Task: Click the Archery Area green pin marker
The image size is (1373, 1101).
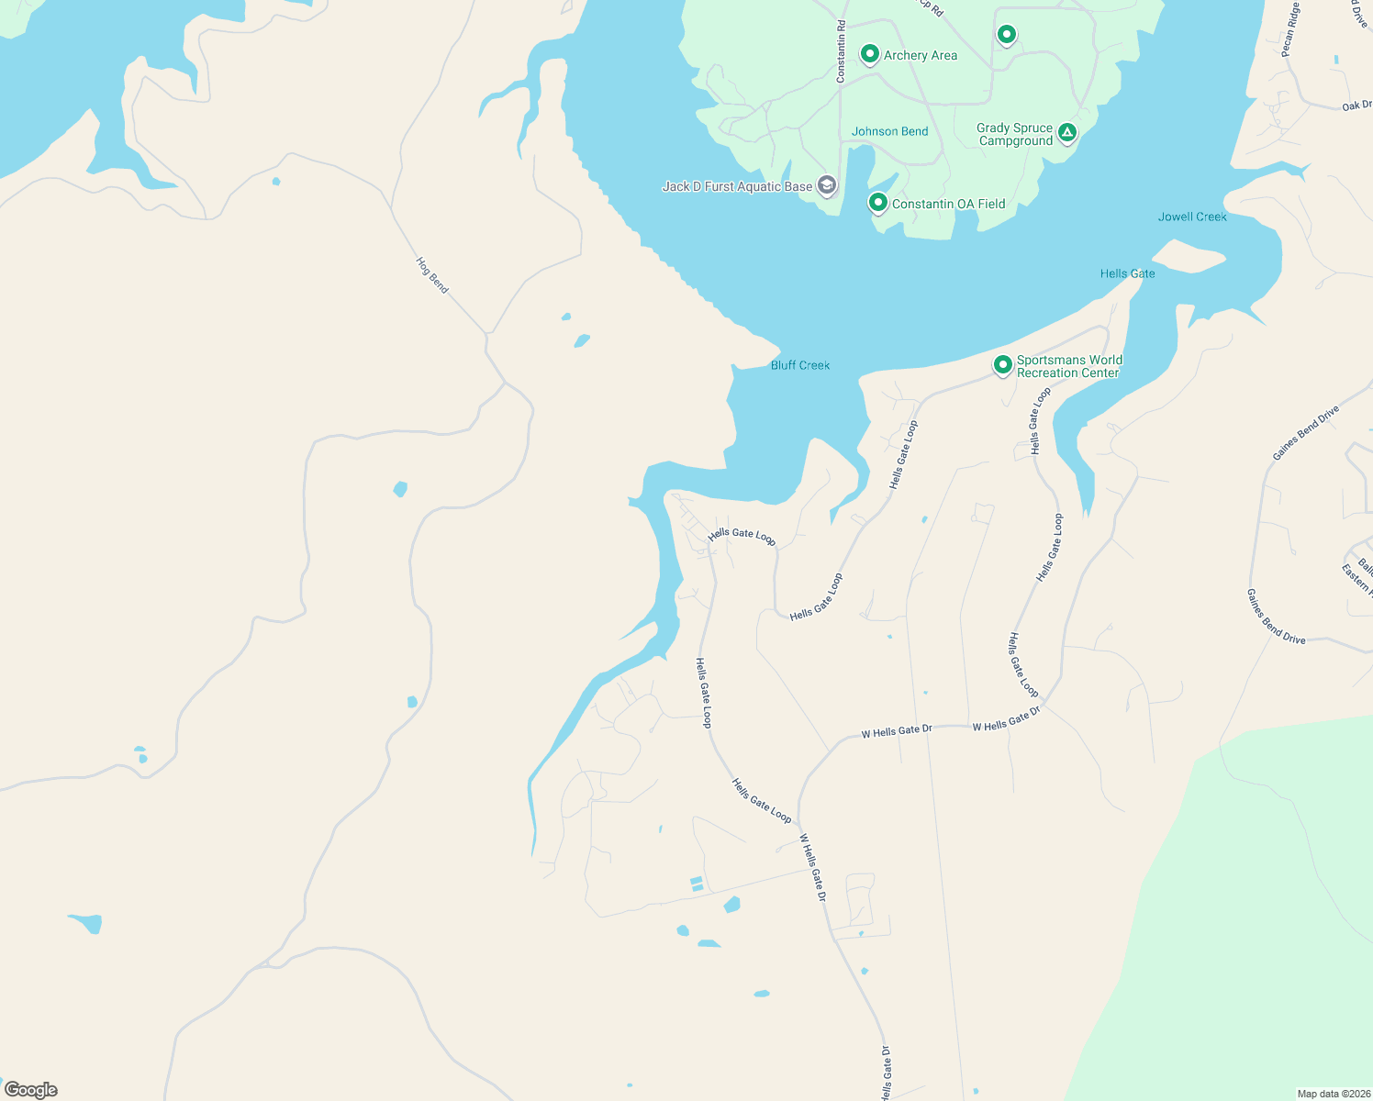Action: (x=869, y=54)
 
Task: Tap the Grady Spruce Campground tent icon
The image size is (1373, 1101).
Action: (x=1066, y=133)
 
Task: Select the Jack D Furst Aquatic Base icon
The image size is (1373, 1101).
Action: (x=826, y=186)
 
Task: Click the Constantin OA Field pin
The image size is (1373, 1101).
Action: (x=877, y=202)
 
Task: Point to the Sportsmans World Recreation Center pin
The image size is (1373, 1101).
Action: (x=1003, y=365)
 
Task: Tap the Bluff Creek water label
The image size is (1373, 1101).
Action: (x=800, y=365)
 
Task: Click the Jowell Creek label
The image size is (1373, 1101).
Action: (x=1192, y=217)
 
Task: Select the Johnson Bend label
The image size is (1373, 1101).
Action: (x=889, y=131)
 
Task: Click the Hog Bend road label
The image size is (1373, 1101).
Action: (x=432, y=275)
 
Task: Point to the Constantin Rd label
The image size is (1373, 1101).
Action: (x=841, y=52)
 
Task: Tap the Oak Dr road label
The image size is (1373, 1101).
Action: (x=1356, y=106)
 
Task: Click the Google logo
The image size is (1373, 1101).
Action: (x=31, y=1090)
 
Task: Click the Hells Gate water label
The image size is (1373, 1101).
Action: (x=1127, y=273)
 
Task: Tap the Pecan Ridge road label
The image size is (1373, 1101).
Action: (x=1291, y=29)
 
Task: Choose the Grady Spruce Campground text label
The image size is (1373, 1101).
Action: (x=1014, y=135)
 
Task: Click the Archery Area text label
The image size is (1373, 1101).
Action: (x=920, y=55)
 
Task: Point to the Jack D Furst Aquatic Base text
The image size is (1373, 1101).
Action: (x=737, y=186)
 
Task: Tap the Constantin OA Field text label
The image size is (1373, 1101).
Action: (x=948, y=204)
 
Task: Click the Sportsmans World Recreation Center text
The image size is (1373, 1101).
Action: (x=1068, y=366)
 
